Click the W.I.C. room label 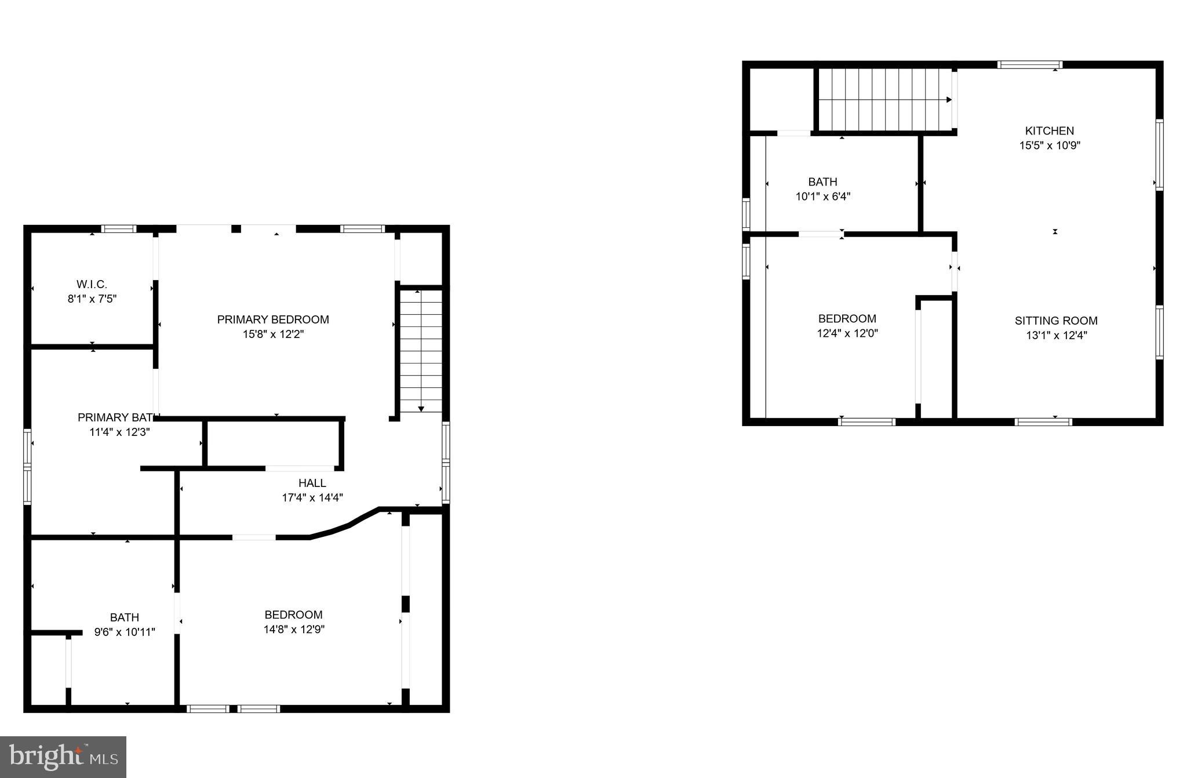click(92, 284)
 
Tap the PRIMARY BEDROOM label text click(273, 319)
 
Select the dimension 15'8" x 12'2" click(273, 334)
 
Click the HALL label click(312, 483)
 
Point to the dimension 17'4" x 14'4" click(312, 497)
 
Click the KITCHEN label click(1049, 131)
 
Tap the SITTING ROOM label click(1056, 321)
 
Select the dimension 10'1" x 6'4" click(822, 197)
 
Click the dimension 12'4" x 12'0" click(847, 333)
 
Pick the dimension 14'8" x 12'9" click(294, 630)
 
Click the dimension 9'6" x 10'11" click(125, 632)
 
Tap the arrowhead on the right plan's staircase click(949, 100)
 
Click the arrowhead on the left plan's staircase click(421, 409)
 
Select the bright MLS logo click(63, 757)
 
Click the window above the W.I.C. click(119, 229)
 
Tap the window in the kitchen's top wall click(1029, 65)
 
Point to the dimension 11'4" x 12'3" click(119, 432)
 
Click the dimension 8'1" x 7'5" click(92, 299)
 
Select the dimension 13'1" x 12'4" click(1056, 335)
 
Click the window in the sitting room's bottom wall click(1043, 421)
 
